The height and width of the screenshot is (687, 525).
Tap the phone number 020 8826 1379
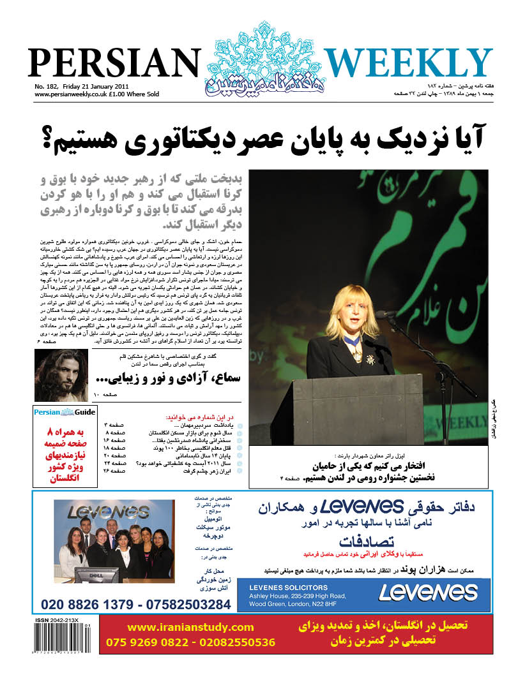click(x=89, y=603)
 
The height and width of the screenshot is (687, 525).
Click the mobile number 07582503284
click(x=186, y=603)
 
